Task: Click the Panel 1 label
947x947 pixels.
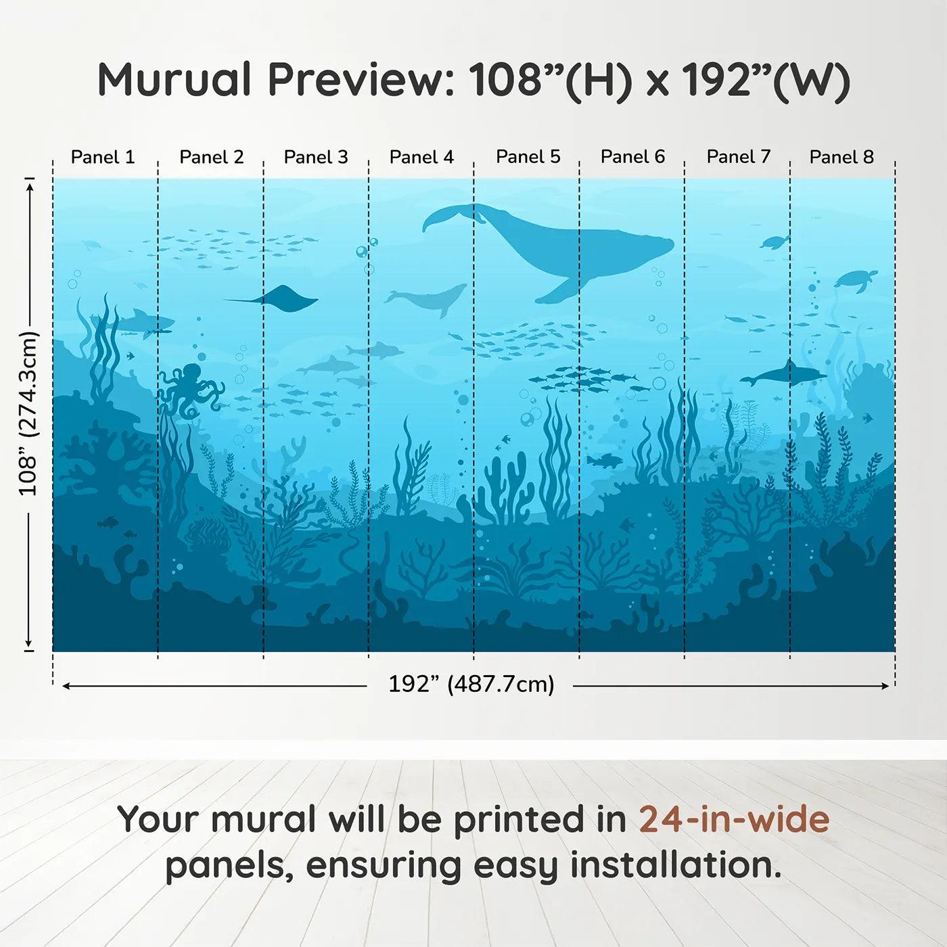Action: point(103,157)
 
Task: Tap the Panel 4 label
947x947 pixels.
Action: point(421,157)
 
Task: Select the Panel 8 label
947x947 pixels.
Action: point(841,157)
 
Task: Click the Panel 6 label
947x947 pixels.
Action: point(632,157)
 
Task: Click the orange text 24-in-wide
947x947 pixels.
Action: point(734,820)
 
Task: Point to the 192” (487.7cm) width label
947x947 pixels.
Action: point(471,685)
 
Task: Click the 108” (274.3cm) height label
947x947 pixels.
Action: point(28,413)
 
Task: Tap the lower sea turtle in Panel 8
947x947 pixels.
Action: point(856,279)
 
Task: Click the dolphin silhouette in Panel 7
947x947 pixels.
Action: point(783,374)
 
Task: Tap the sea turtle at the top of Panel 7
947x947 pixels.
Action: point(775,241)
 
